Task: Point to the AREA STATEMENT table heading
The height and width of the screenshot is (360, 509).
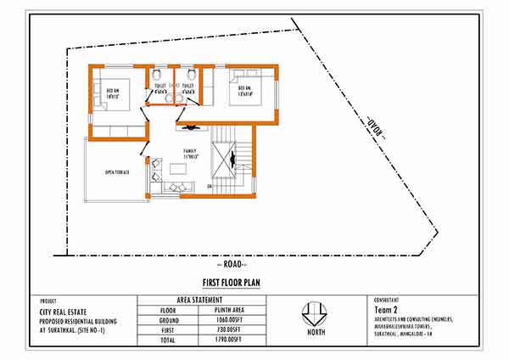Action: pyautogui.click(x=199, y=300)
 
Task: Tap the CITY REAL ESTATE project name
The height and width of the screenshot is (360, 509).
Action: pyautogui.click(x=64, y=312)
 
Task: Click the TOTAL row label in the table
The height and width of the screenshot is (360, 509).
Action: pyautogui.click(x=168, y=340)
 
